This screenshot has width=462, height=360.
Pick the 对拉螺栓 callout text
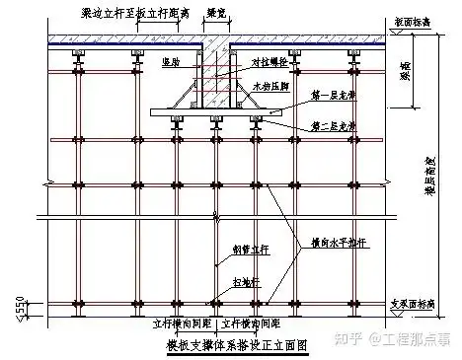[270, 61]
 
